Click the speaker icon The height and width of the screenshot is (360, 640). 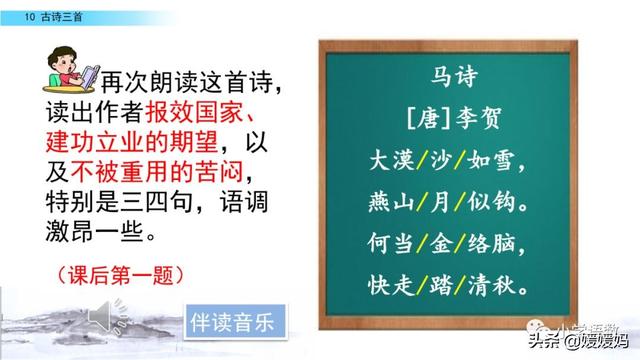(x=102, y=318)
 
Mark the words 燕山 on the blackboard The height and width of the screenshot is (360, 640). (x=380, y=202)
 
